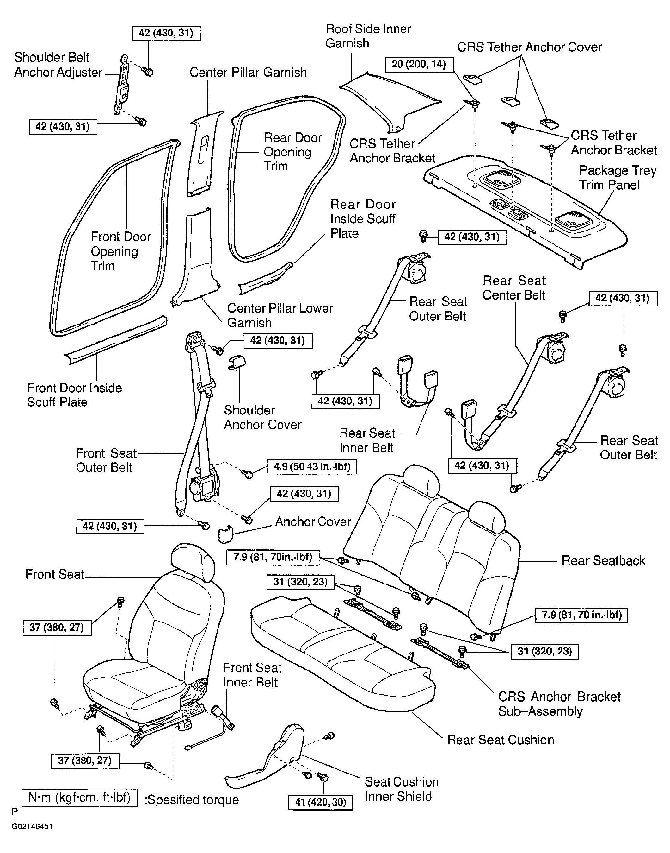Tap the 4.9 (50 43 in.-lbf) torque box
(312, 467)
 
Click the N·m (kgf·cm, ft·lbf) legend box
(80, 798)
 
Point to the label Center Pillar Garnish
(248, 72)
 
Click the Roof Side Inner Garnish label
(368, 36)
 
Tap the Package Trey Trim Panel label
(618, 178)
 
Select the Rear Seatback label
(603, 561)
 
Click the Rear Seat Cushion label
(501, 740)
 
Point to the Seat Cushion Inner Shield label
(401, 789)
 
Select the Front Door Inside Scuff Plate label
(75, 395)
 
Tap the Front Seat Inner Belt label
(252, 675)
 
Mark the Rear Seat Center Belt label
(514, 288)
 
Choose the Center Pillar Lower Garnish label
(280, 315)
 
